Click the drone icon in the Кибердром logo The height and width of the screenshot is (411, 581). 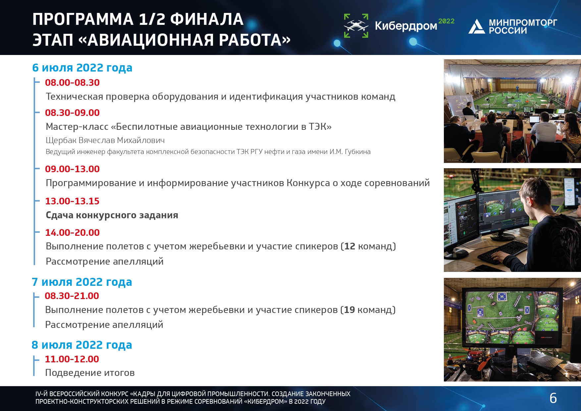point(356,26)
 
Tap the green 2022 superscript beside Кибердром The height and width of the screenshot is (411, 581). point(446,21)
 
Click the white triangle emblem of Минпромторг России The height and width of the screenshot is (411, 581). point(477,26)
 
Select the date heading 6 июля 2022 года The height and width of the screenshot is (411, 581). point(82,68)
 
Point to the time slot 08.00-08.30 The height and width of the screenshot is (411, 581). point(72,82)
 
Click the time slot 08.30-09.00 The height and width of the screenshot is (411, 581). point(72,113)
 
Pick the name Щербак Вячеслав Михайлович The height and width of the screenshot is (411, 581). point(105,140)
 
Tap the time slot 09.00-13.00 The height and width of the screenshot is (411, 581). point(72,169)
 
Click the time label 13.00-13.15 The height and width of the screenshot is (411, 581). point(72,201)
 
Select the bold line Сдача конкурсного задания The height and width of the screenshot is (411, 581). point(112,215)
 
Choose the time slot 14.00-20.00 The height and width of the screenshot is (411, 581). point(72,232)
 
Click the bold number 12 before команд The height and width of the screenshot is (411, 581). point(350,246)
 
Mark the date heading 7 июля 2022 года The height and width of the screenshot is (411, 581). point(82,282)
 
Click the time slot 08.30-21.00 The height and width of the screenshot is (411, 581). point(72,296)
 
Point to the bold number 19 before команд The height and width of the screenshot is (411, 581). point(349,310)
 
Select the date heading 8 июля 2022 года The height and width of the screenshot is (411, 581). point(82,345)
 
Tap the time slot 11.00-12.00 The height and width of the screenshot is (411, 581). point(72,359)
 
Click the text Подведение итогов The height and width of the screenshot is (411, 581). point(90,373)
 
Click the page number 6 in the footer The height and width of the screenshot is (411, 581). point(553,398)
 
